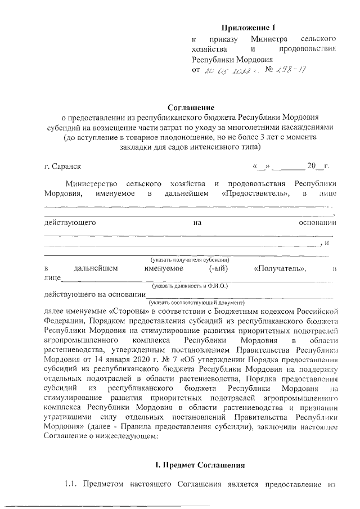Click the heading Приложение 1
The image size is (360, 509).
pyautogui.click(x=249, y=27)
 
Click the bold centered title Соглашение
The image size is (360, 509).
pyautogui.click(x=191, y=107)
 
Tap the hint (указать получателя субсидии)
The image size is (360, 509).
pyautogui.click(x=188, y=259)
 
